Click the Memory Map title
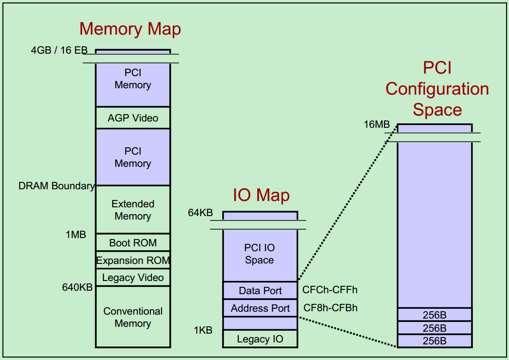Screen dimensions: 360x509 [x=130, y=29]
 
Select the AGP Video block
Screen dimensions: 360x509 [x=133, y=118]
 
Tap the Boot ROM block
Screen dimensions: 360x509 [x=133, y=242]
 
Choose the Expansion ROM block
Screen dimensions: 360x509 [x=133, y=260]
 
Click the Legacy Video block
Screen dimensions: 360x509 [x=133, y=278]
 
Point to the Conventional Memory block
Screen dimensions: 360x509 [x=133, y=317]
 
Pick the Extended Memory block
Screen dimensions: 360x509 [x=133, y=210]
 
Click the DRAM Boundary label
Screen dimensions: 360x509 [x=56, y=186]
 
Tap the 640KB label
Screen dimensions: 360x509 [x=77, y=287]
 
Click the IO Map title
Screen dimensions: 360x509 [x=261, y=196]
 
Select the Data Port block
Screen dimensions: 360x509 [x=260, y=291]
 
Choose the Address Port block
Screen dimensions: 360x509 [x=260, y=308]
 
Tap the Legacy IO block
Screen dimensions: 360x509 [x=260, y=339]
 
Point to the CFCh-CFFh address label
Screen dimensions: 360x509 [x=330, y=290]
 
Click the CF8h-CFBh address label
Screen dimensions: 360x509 [x=330, y=308]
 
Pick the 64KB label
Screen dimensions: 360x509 [x=201, y=213]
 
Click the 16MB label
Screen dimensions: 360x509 [x=377, y=124]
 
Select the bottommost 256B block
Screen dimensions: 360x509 [x=434, y=341]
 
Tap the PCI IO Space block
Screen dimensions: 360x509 [x=260, y=254]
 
